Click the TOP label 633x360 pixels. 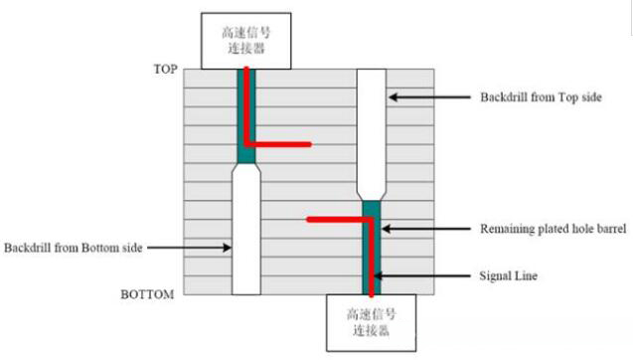(x=164, y=70)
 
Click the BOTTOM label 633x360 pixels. (x=147, y=294)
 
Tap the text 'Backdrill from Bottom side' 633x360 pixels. (x=73, y=247)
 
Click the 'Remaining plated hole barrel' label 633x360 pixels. (x=554, y=229)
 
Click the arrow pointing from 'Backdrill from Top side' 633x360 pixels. (x=427, y=97)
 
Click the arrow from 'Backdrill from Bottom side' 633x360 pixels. (x=189, y=247)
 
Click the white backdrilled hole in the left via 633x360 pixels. (x=245, y=229)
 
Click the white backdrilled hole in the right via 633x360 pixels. (x=371, y=129)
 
